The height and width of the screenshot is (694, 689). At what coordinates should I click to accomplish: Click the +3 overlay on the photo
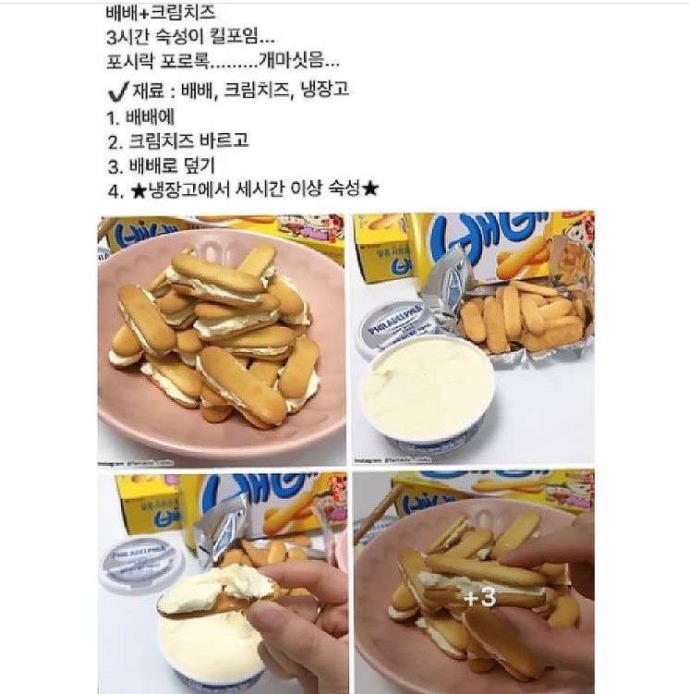(x=479, y=598)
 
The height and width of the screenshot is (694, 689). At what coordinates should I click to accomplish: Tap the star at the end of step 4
(x=372, y=190)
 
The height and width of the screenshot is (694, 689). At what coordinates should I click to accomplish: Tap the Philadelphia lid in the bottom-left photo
(x=139, y=558)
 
